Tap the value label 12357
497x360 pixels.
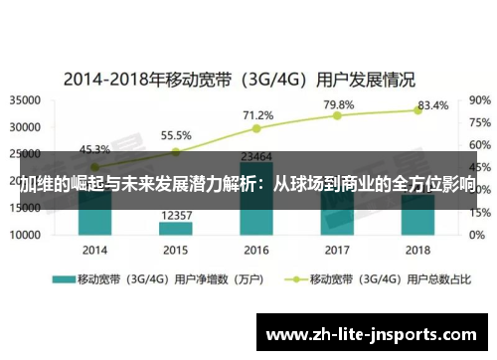click(175, 214)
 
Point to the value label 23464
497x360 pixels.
click(256, 155)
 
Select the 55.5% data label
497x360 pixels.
click(176, 135)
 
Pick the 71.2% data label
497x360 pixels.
click(257, 114)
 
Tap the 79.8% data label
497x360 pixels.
click(338, 104)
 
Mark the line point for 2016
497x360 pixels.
click(256, 128)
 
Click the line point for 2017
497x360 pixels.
click(337, 115)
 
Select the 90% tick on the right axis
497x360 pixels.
click(478, 99)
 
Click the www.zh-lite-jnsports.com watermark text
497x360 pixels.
click(377, 333)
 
